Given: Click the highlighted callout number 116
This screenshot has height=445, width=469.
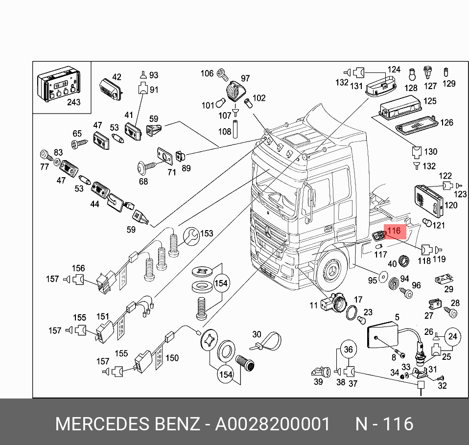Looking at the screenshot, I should pyautogui.click(x=394, y=231).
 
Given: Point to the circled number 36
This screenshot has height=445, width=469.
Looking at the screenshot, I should pyautogui.click(x=348, y=350).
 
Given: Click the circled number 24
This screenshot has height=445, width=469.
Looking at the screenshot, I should pyautogui.click(x=452, y=336).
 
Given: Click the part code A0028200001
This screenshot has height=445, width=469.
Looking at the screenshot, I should pyautogui.click(x=272, y=424).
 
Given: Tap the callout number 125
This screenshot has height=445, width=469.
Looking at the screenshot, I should pyautogui.click(x=430, y=101).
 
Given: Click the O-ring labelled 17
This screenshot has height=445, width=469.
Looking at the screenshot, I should pyautogui.click(x=352, y=312).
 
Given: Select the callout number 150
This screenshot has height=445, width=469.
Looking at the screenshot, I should pyautogui.click(x=172, y=358).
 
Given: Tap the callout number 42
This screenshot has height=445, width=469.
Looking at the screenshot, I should pyautogui.click(x=117, y=77).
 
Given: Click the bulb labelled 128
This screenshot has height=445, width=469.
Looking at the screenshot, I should pyautogui.click(x=412, y=75).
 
